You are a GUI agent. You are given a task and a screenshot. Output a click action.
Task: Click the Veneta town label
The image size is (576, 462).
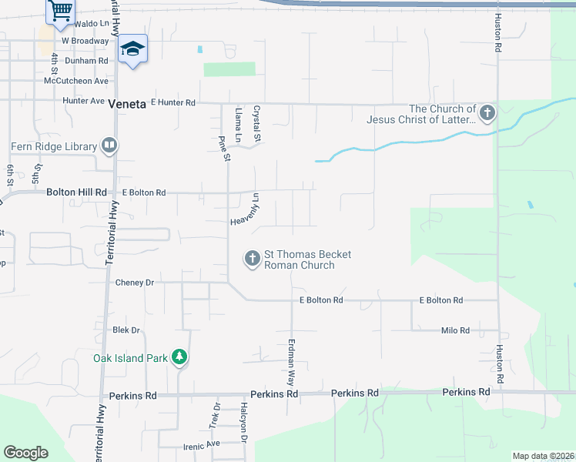[127, 104]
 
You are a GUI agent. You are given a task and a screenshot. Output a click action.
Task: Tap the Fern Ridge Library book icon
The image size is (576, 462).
[110, 146]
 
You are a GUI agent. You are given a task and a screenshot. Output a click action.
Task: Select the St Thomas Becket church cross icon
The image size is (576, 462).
[252, 259]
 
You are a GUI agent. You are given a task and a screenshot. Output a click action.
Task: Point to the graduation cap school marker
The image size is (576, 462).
[132, 49]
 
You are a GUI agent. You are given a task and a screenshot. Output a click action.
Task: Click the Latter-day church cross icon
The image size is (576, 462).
[486, 114]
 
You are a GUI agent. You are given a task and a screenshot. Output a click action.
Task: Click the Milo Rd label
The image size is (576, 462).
[454, 330]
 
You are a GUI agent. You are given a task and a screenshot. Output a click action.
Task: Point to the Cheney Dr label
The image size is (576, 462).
[135, 283]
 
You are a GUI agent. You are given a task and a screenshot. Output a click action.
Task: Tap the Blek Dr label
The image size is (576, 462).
[126, 330]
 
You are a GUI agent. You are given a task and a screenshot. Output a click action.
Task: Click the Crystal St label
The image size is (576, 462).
[258, 123]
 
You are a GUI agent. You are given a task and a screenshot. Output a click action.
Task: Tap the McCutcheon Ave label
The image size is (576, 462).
[76, 81]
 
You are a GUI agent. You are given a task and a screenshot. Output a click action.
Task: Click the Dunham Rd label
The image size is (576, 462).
[86, 61]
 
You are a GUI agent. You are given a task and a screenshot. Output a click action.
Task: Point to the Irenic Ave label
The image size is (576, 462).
[201, 444]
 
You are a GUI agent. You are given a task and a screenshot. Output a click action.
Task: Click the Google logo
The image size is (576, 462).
[25, 453]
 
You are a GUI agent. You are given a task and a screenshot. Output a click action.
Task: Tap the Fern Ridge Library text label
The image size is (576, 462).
[54, 146]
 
